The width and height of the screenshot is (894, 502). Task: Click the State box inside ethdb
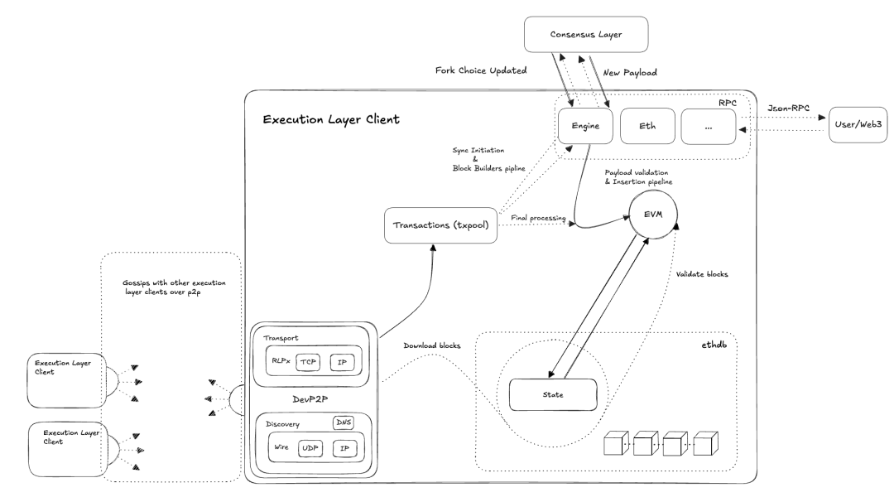[x=551, y=393]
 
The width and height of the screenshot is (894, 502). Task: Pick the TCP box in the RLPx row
[x=308, y=362]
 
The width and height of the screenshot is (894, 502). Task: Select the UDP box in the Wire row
[x=309, y=448]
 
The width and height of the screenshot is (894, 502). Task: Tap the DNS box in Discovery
[x=344, y=422]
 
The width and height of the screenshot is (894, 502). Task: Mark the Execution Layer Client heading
[x=331, y=120]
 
